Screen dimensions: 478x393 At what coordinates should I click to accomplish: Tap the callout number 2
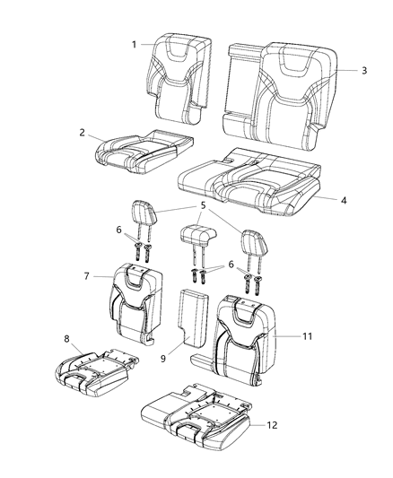[82, 133]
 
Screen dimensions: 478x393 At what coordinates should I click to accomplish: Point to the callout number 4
[344, 200]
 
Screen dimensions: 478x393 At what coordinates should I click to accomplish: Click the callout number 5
[203, 205]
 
